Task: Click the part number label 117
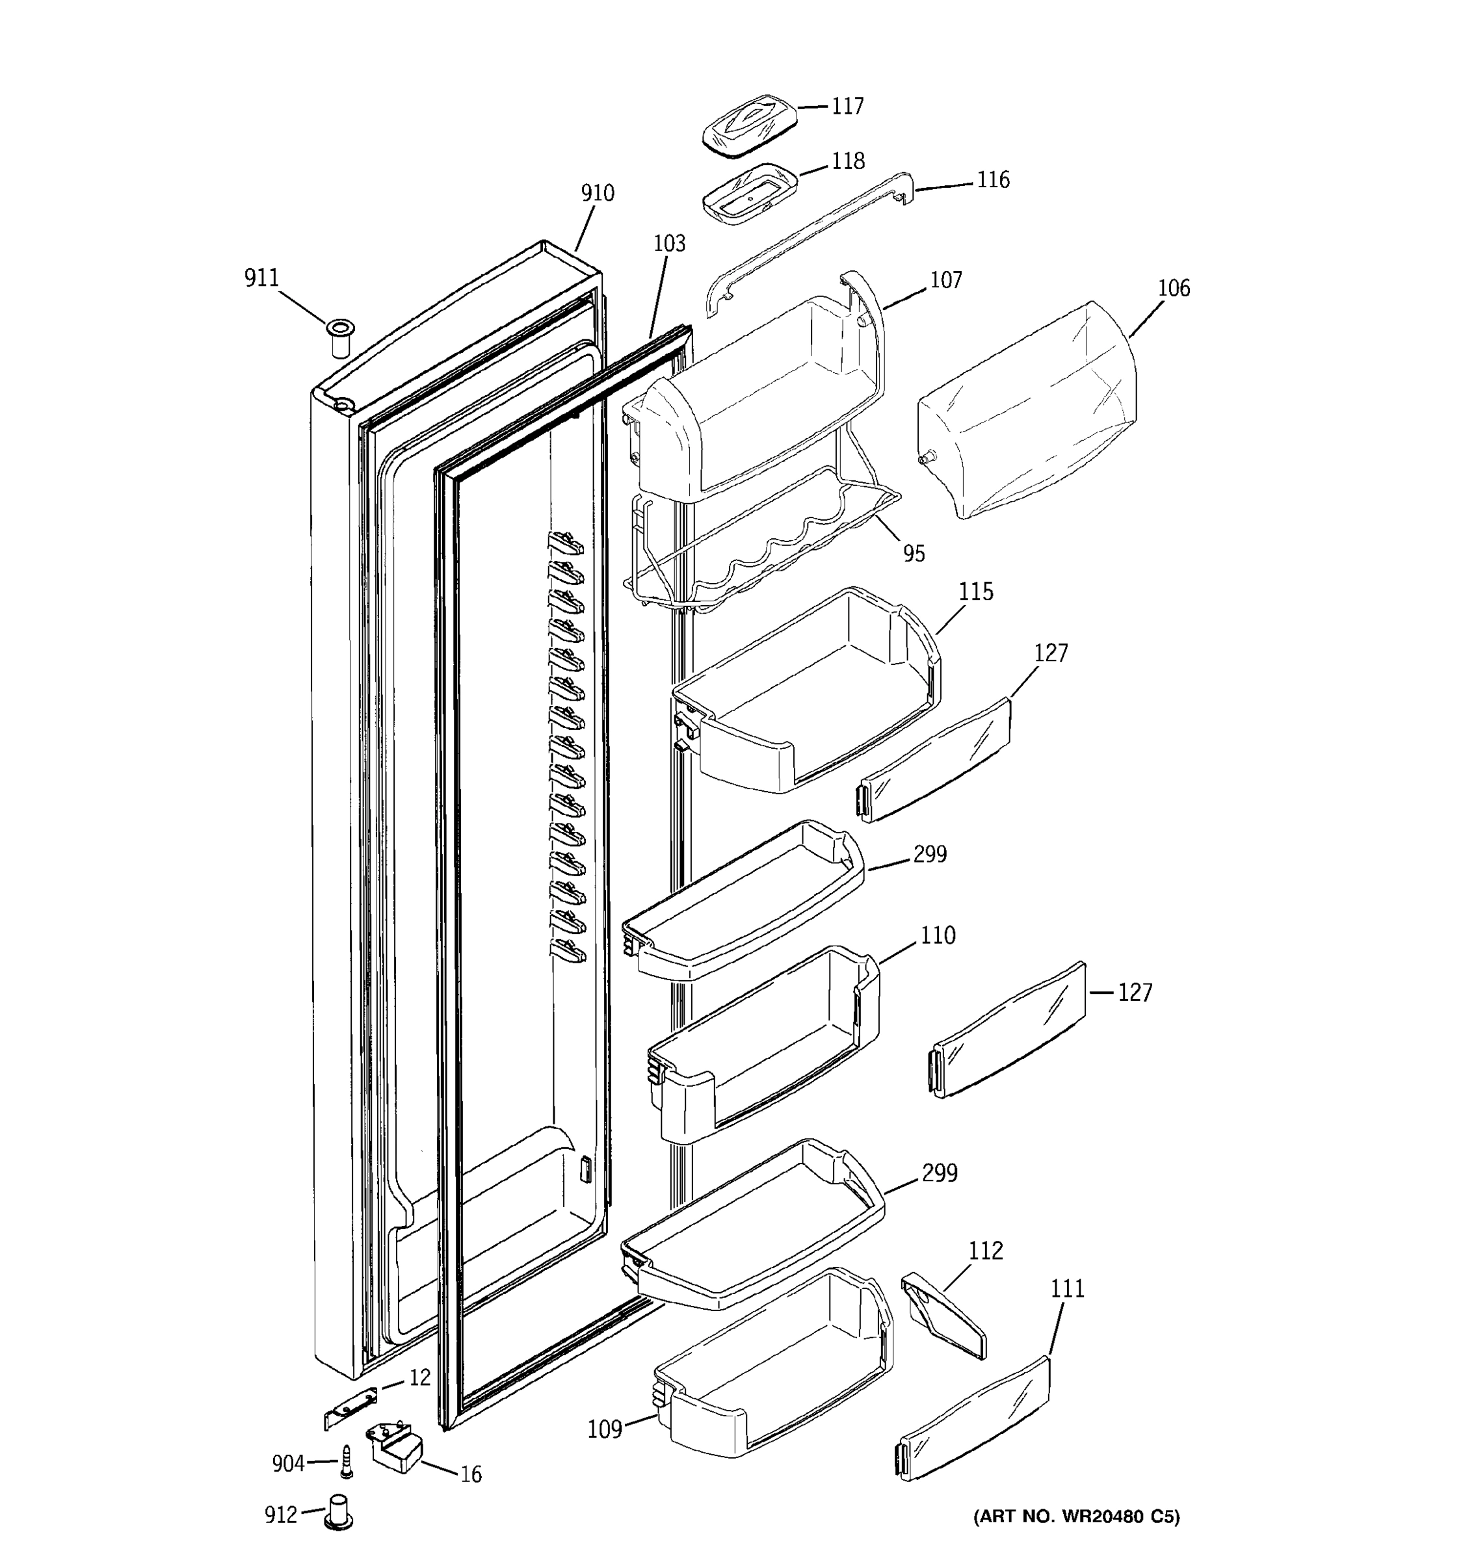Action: pyautogui.click(x=848, y=106)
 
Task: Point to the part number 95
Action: pyautogui.click(x=914, y=553)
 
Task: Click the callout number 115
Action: pyautogui.click(x=975, y=591)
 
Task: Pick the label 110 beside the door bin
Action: pyautogui.click(x=938, y=935)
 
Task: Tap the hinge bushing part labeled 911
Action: pyautogui.click(x=340, y=338)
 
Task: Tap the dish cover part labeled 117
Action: pyautogui.click(x=750, y=125)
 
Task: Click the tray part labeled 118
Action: pyautogui.click(x=750, y=192)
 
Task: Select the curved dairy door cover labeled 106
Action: pyautogui.click(x=1027, y=409)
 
